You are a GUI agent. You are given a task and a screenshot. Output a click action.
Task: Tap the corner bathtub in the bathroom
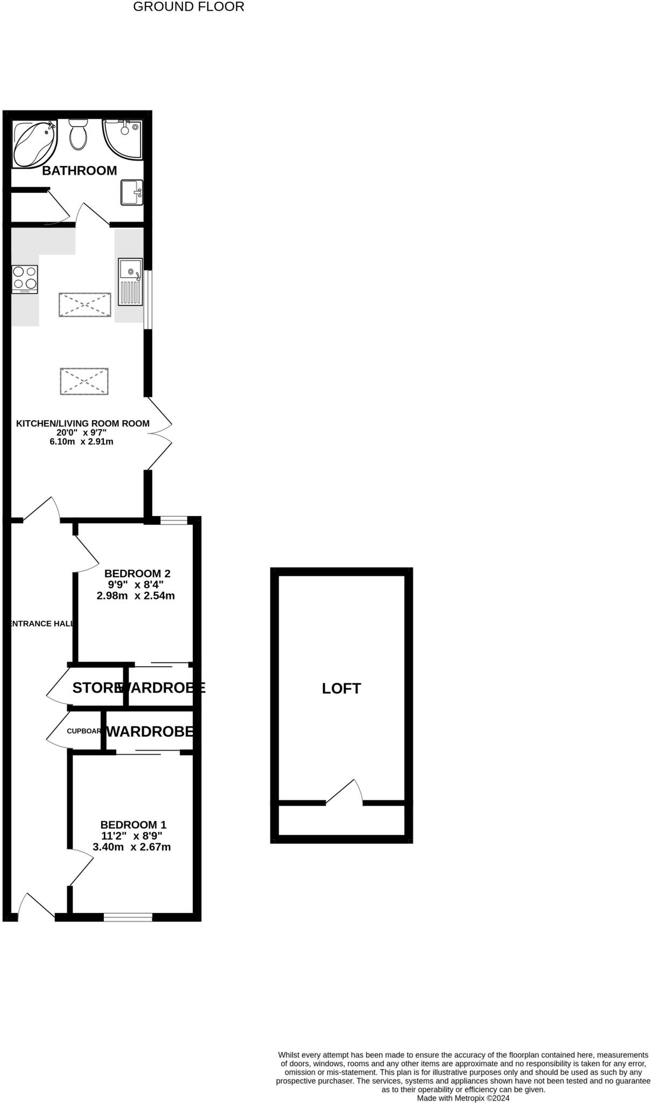pos(33,143)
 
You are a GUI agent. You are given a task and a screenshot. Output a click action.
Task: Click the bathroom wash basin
pos(131,192)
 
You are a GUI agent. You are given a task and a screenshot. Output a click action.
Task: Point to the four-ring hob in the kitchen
pos(25,279)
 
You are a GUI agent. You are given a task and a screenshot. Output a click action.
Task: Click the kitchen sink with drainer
pos(130,282)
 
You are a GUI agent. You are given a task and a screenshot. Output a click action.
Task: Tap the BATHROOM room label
pos(79,171)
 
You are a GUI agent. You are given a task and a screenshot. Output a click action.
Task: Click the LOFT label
pos(341,688)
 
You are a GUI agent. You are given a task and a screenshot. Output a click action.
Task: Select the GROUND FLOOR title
pos(188,7)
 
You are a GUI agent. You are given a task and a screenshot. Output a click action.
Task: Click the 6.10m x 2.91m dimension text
pos(81,442)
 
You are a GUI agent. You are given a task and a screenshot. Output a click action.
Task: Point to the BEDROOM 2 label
pos(137,574)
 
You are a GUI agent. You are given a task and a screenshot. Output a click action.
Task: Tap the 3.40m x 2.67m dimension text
pos(132,847)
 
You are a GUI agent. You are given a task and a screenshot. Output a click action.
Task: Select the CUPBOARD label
pos(84,731)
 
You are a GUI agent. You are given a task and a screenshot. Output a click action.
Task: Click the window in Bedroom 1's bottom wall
pos(128,917)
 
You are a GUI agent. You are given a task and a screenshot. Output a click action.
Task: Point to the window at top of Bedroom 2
pos(173,520)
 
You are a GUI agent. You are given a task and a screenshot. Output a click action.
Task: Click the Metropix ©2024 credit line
pos(463,1098)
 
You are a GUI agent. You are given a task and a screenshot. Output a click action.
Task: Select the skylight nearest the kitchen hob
pos(85,305)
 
